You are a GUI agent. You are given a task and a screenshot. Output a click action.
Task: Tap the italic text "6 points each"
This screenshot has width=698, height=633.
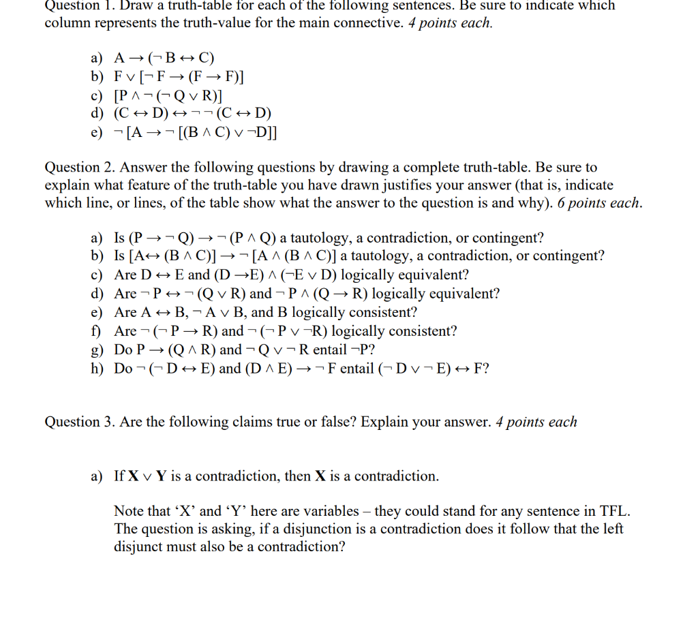[599, 203]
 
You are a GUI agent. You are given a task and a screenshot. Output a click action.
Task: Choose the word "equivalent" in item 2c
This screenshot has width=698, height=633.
[435, 275]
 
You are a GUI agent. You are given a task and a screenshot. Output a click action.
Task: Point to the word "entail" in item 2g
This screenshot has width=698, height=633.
[353, 350]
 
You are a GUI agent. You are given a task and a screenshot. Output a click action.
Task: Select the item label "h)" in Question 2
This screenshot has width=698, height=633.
[97, 369]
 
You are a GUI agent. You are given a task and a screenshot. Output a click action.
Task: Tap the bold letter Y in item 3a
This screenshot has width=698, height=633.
[161, 476]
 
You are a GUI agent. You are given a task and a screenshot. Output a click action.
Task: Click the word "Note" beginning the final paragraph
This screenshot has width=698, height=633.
[129, 511]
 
